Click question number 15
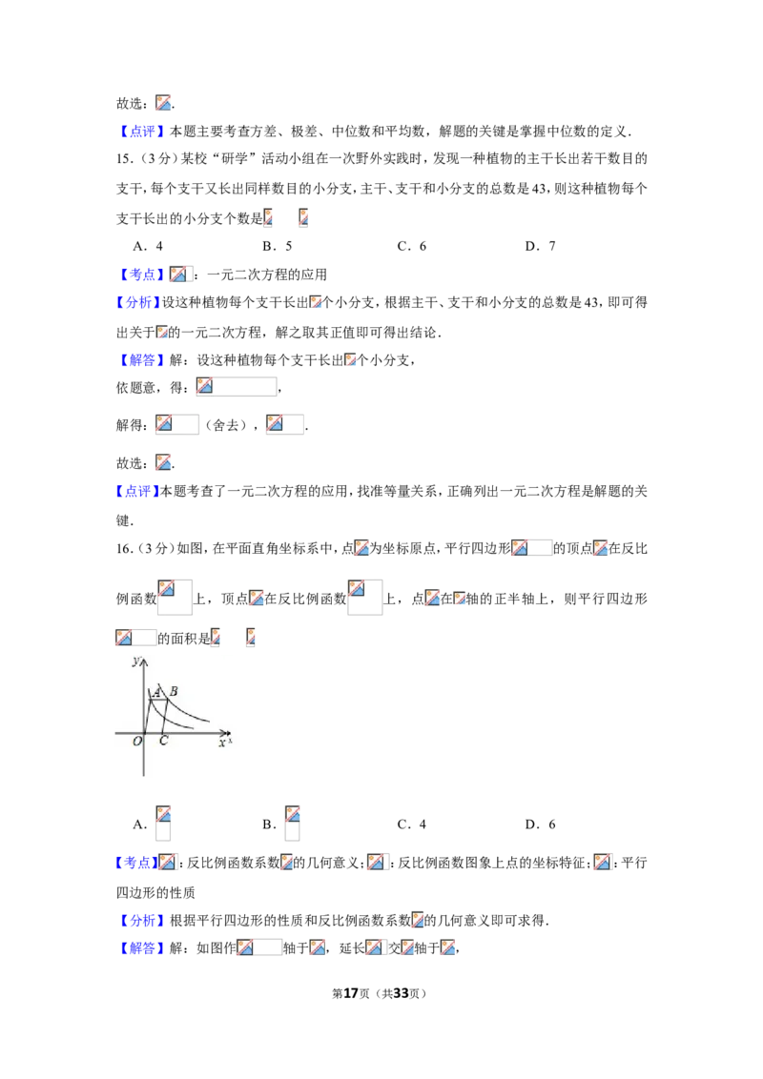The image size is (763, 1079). (125, 159)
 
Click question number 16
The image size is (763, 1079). (125, 548)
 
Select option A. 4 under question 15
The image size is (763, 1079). (148, 246)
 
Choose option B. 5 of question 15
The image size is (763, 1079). (278, 246)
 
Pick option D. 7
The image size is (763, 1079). (540, 246)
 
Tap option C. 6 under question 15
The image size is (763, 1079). (412, 246)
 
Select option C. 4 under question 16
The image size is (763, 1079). (412, 825)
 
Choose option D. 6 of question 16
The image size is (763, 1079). (540, 825)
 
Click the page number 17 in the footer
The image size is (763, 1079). (351, 993)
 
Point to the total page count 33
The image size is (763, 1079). (401, 993)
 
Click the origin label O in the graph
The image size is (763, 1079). (137, 742)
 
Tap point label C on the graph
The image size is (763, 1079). (163, 742)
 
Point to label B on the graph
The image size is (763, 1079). (174, 691)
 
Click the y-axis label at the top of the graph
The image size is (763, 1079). (135, 662)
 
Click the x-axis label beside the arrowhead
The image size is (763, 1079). (222, 743)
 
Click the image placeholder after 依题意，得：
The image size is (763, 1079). (237, 387)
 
